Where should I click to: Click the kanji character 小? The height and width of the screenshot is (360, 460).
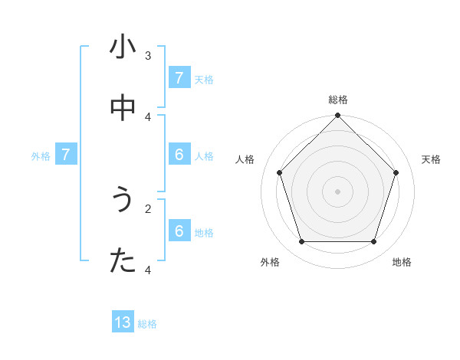[123, 47]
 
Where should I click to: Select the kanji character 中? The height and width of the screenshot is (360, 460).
[123, 109]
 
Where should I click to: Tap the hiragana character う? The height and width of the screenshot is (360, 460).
[123, 200]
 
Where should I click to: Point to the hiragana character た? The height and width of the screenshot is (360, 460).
[123, 261]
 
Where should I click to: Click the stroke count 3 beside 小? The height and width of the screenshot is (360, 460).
[148, 55]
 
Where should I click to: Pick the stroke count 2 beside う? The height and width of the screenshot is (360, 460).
[148, 208]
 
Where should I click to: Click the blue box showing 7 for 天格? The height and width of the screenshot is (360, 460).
[179, 77]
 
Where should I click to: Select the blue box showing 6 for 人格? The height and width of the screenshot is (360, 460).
[179, 154]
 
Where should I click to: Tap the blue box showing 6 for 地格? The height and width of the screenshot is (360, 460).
[179, 231]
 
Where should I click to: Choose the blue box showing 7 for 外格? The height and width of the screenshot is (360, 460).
[66, 154]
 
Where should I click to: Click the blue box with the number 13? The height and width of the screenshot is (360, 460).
[123, 322]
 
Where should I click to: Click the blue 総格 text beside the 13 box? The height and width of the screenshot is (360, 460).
[147, 324]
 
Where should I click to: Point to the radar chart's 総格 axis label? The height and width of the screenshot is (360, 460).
[338, 100]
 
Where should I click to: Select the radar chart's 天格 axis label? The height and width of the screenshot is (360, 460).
[431, 159]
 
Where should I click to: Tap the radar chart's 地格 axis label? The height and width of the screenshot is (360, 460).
[402, 262]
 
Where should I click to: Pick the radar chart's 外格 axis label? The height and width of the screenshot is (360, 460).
[270, 262]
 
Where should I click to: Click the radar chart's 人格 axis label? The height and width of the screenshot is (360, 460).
[245, 159]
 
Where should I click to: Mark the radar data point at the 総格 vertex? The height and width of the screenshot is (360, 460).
[338, 116]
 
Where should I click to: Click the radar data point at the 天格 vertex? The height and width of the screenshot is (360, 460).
[396, 172]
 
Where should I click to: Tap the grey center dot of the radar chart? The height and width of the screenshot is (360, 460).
[338, 191]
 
